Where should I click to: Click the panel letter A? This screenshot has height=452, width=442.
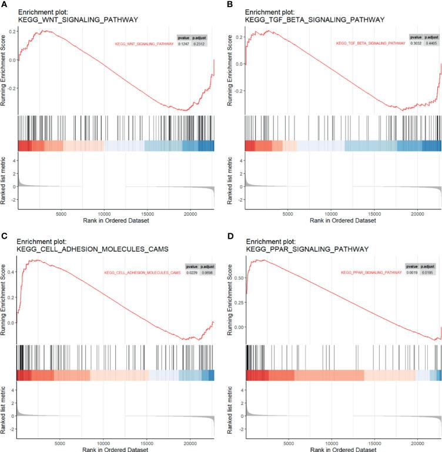pos(5,4)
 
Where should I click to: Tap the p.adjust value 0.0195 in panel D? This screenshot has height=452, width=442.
pos(428,273)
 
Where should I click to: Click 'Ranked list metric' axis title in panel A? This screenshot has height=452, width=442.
pos(4,179)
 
